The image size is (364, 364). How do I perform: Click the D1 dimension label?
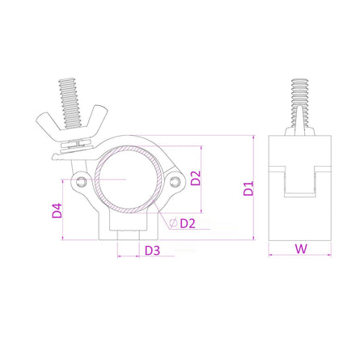(249, 189)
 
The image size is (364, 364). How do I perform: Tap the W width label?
(301, 249)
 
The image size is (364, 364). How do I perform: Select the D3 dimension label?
(151, 250)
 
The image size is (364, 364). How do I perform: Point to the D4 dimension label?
(57, 211)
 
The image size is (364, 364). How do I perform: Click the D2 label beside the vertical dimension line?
(195, 178)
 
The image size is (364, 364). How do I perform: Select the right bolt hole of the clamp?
(175, 180)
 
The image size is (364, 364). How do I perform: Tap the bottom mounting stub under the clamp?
(129, 235)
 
